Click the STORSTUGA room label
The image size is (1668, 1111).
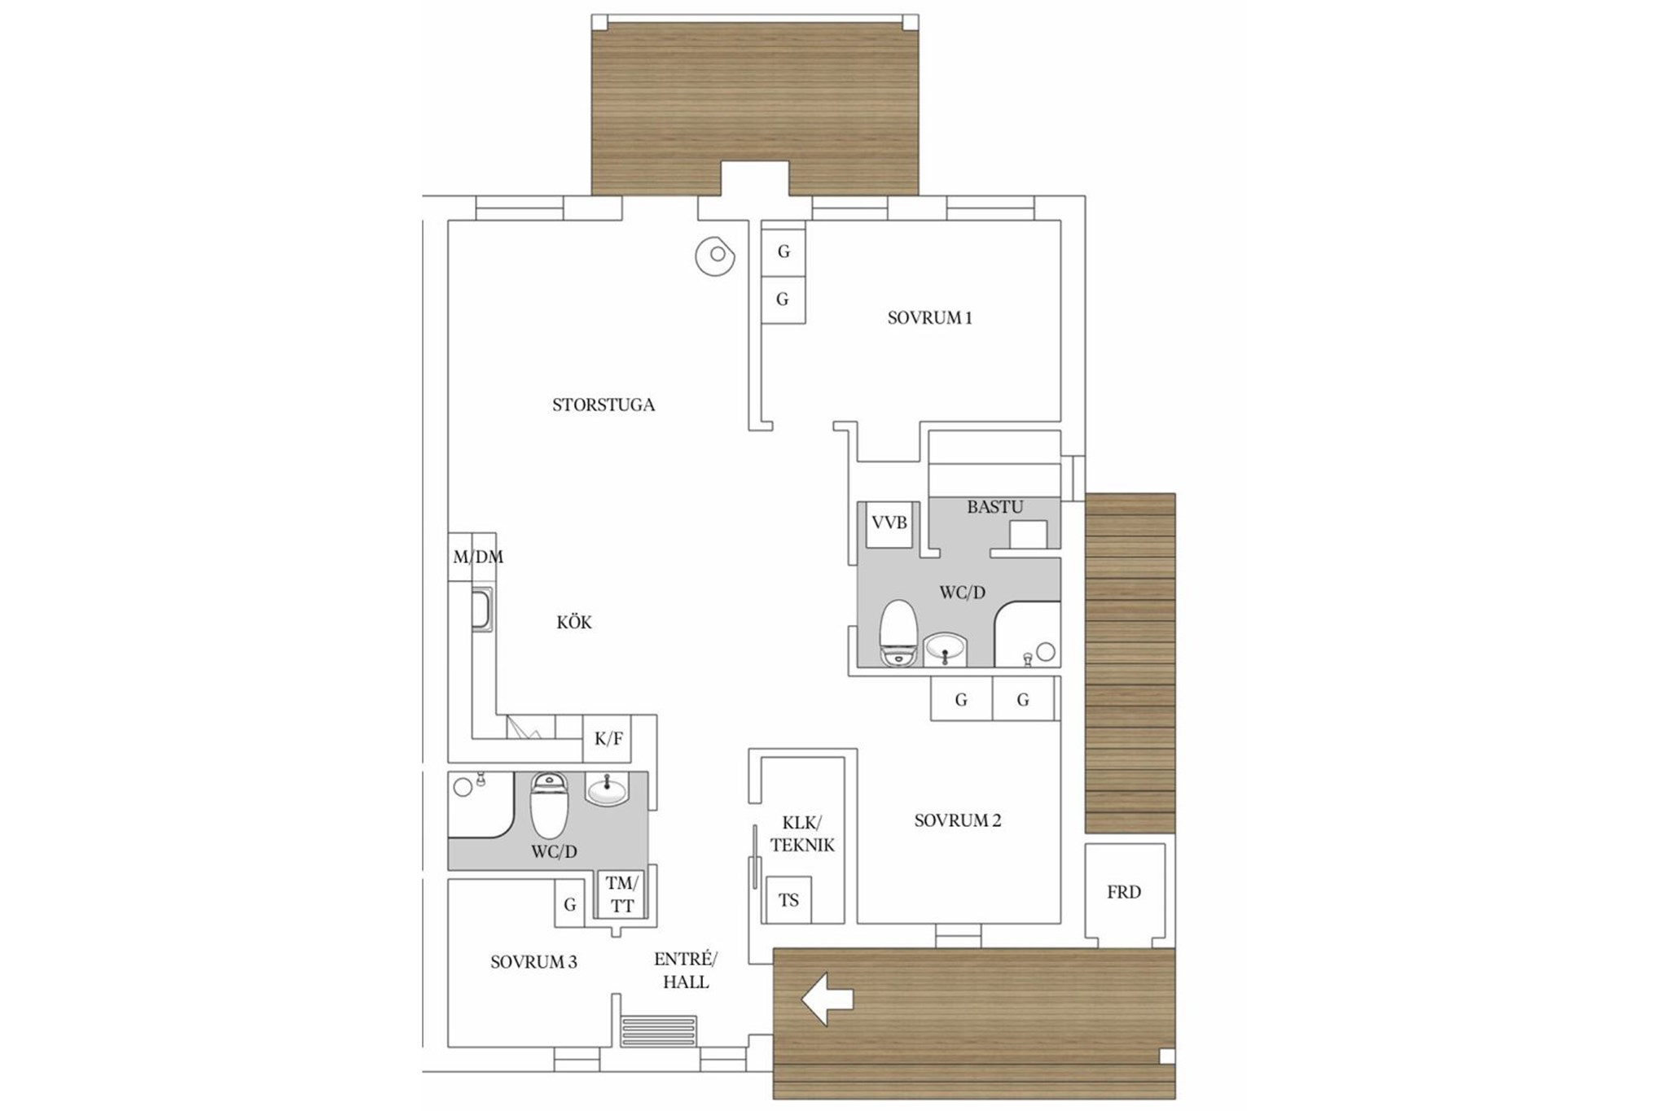click(x=604, y=405)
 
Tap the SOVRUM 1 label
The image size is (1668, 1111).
click(x=930, y=318)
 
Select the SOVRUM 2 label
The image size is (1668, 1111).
click(x=958, y=820)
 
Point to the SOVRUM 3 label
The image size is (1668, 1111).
click(x=533, y=962)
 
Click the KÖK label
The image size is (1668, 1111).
click(x=574, y=623)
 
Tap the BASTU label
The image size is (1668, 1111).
click(x=995, y=507)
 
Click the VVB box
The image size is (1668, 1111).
click(x=889, y=524)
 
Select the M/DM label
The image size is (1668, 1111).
click(x=478, y=558)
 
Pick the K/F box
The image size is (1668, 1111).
click(x=608, y=739)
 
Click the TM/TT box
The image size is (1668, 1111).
click(x=622, y=894)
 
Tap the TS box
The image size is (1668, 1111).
click(x=788, y=900)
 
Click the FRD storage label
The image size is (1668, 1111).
click(x=1124, y=893)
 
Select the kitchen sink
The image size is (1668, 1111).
click(x=482, y=610)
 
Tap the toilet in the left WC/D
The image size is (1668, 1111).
click(x=550, y=805)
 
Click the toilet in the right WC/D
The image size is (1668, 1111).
click(x=899, y=633)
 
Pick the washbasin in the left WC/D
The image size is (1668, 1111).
click(x=608, y=789)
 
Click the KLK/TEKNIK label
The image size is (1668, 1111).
click(x=802, y=833)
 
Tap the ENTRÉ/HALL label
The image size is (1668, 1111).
click(x=686, y=970)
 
